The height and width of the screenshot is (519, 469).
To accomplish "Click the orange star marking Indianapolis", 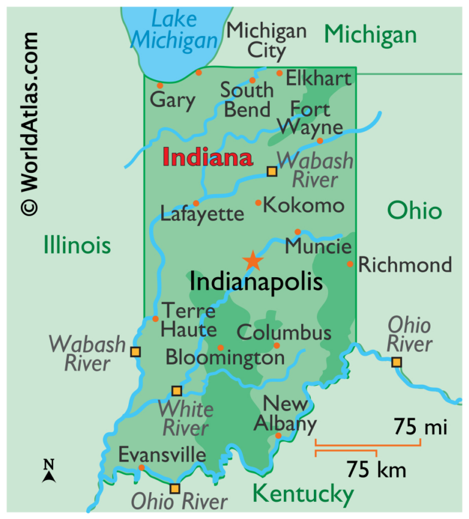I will (253, 261).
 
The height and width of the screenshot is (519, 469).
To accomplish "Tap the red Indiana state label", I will (208, 158).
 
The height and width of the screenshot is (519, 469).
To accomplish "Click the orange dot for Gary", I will (160, 85).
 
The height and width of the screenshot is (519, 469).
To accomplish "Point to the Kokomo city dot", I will (258, 202).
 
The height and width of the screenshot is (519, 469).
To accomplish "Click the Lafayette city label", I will (202, 214).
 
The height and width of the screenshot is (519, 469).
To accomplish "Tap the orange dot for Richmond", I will (350, 264).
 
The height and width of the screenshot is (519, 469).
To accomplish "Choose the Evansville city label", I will (162, 455).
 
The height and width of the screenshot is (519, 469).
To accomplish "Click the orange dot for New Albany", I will (278, 435).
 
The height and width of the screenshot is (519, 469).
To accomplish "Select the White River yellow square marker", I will (176, 391).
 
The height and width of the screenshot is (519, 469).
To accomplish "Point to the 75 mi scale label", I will (420, 426).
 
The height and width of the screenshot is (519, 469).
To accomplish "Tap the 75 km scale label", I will (376, 470).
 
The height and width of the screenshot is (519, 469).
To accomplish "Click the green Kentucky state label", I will (303, 492).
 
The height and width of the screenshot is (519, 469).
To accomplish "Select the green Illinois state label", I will (77, 245).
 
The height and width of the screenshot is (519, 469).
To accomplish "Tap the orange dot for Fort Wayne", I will (319, 140).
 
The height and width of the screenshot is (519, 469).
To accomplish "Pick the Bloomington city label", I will (225, 357).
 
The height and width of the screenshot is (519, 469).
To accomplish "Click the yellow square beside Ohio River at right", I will (397, 362).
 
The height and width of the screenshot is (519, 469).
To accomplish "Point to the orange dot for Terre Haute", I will (155, 319).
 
